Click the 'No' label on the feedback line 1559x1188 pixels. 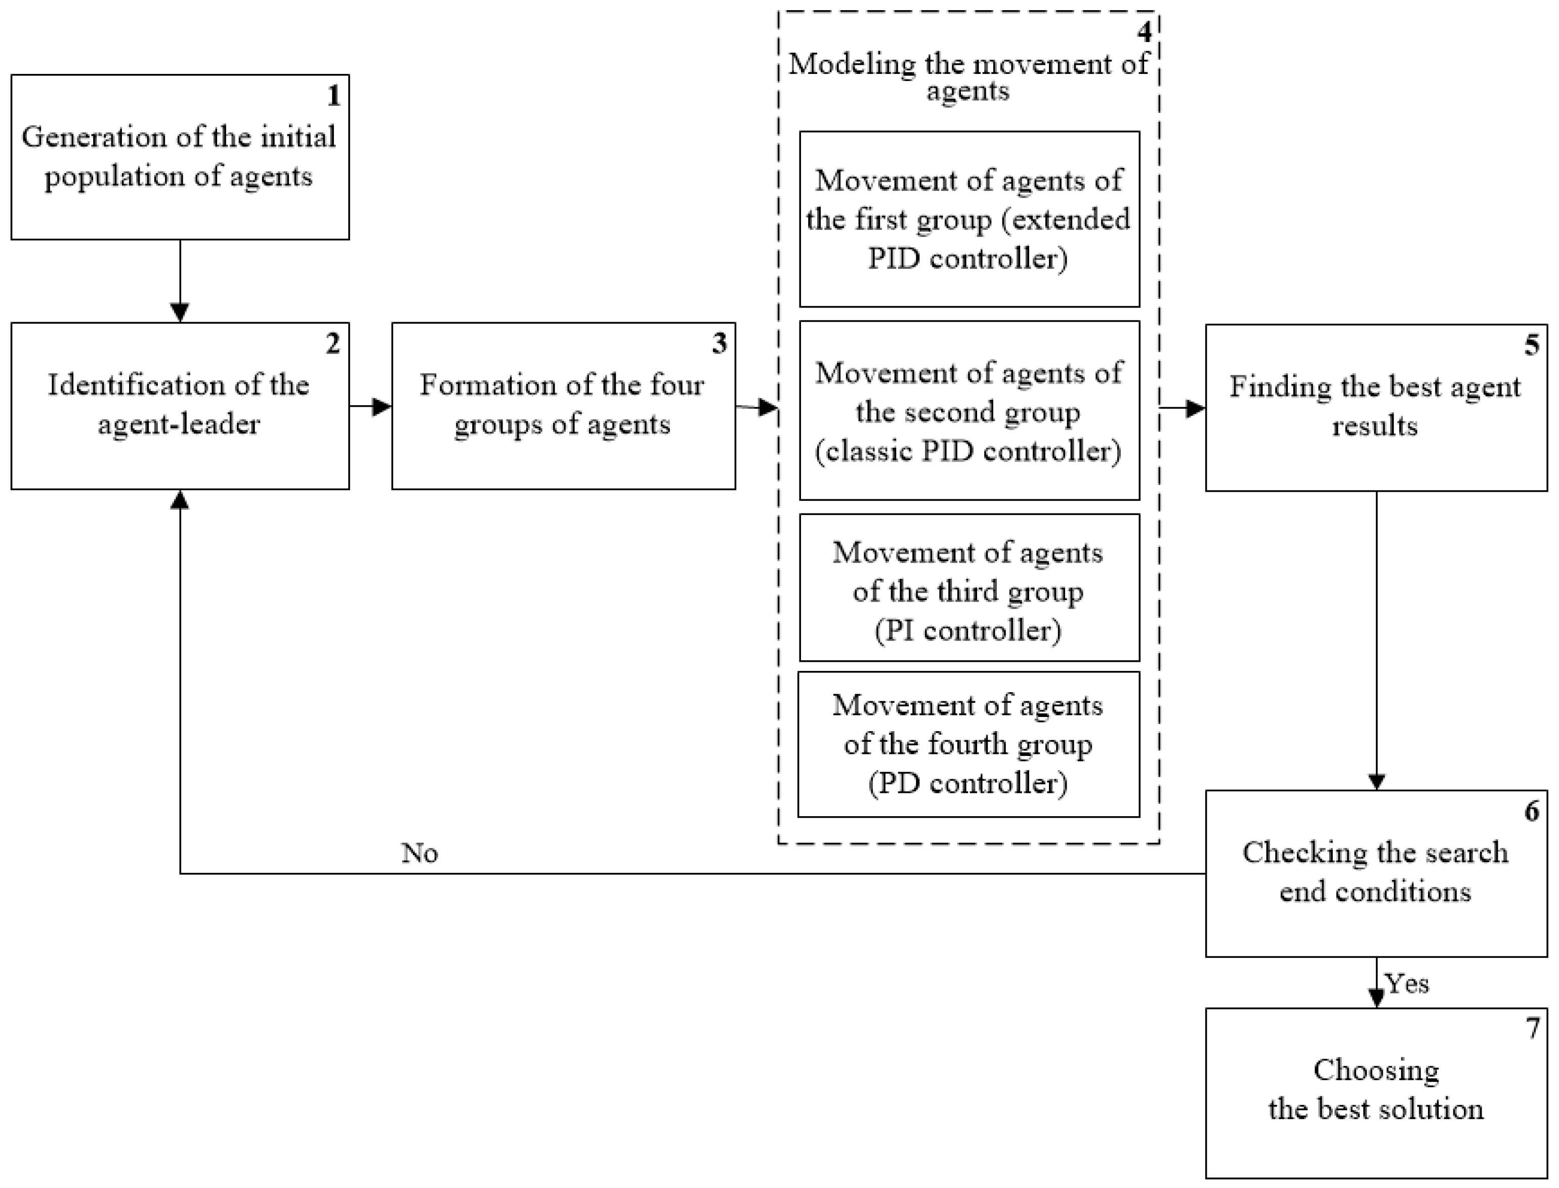[x=419, y=854]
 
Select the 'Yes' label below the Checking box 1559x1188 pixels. [x=1407, y=984]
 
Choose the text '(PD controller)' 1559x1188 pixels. [x=968, y=783]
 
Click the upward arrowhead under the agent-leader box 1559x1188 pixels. [x=180, y=500]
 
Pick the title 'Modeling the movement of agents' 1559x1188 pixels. [x=968, y=77]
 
